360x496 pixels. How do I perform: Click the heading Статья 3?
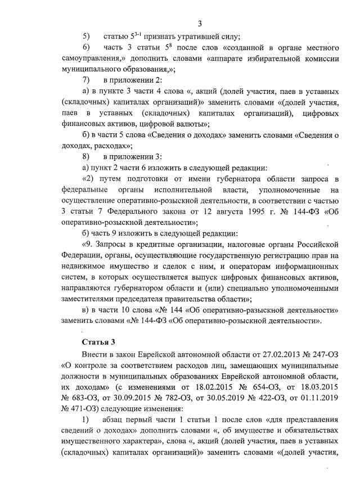(99, 341)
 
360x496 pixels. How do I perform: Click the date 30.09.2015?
(117, 396)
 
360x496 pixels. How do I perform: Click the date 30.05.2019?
(220, 396)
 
